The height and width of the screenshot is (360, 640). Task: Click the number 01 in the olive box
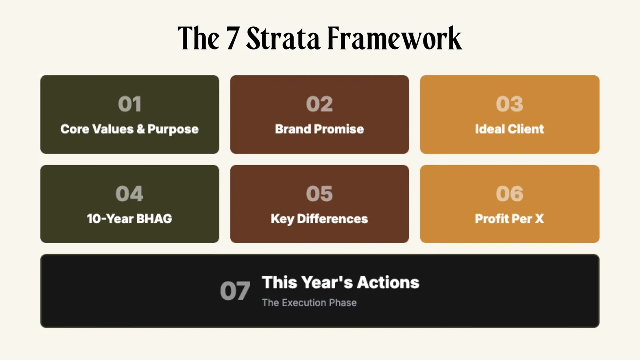pyautogui.click(x=130, y=104)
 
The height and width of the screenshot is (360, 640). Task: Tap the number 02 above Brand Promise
pyautogui.click(x=319, y=104)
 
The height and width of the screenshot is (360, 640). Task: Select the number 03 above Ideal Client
pyautogui.click(x=509, y=104)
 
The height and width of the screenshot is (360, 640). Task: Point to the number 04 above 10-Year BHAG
pyautogui.click(x=130, y=194)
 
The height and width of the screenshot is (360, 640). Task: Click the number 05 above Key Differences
pyautogui.click(x=319, y=194)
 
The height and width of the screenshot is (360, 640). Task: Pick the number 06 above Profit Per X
pyautogui.click(x=509, y=194)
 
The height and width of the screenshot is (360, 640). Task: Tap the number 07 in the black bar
pyautogui.click(x=235, y=291)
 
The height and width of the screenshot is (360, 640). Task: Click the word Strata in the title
pyautogui.click(x=283, y=39)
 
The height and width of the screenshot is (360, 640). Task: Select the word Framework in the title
pyautogui.click(x=394, y=39)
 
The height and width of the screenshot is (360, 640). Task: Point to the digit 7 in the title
pyautogui.click(x=232, y=39)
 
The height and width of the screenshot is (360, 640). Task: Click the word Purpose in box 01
pyautogui.click(x=173, y=130)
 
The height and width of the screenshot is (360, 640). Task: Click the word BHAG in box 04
pyautogui.click(x=154, y=219)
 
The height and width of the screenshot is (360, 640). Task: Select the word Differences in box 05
pyautogui.click(x=332, y=219)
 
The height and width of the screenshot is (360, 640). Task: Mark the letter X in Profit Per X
pyautogui.click(x=539, y=219)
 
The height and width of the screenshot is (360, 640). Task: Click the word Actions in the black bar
pyautogui.click(x=388, y=282)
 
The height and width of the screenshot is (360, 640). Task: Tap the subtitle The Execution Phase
pyautogui.click(x=309, y=303)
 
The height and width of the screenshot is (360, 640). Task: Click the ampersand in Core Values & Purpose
pyautogui.click(x=140, y=129)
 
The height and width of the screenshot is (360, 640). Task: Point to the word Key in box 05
pyautogui.click(x=282, y=219)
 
